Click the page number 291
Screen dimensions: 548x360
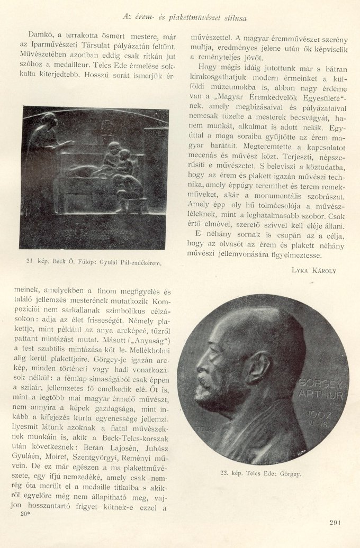click(x=335, y=523)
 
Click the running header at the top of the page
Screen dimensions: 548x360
click(x=184, y=17)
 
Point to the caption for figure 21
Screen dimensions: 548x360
click(x=94, y=262)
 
